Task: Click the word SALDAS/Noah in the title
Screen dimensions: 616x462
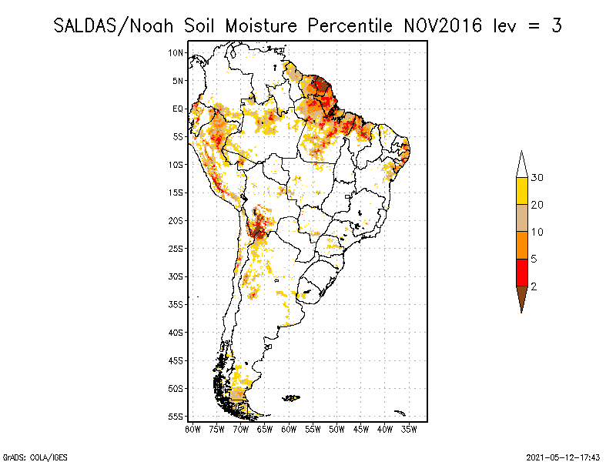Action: pos(113,26)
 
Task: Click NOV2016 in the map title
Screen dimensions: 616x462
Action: pos(443,26)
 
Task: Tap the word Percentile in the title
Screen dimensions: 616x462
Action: pos(350,26)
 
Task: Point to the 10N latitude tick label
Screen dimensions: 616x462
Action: pos(176,52)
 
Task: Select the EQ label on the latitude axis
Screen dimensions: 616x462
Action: pos(178,109)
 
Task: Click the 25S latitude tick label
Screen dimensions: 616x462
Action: pos(176,249)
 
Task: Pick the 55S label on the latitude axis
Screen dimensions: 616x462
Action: pos(176,417)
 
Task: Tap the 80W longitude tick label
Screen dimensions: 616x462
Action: pos(192,430)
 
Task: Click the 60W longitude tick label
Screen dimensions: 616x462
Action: pos(289,430)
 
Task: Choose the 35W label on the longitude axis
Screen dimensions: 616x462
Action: pos(409,430)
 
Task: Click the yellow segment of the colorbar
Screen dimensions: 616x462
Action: pos(522,191)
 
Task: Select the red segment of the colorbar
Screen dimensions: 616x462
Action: pos(522,273)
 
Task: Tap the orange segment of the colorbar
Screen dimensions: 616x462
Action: pos(522,246)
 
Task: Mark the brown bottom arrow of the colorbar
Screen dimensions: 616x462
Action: pos(522,296)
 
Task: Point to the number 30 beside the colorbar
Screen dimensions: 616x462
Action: pos(537,178)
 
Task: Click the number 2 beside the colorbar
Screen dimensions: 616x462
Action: pos(534,286)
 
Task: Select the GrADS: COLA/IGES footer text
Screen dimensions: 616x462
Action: pos(35,457)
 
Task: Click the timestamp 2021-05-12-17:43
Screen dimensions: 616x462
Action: pos(563,457)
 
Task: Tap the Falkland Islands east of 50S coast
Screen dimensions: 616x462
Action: pos(291,398)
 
